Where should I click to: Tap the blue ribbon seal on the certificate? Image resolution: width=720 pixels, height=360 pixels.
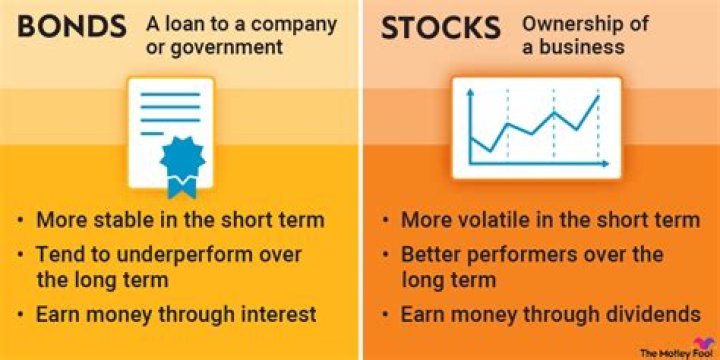tap(181, 164)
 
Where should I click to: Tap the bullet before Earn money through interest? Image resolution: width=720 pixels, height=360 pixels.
tap(20, 314)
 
